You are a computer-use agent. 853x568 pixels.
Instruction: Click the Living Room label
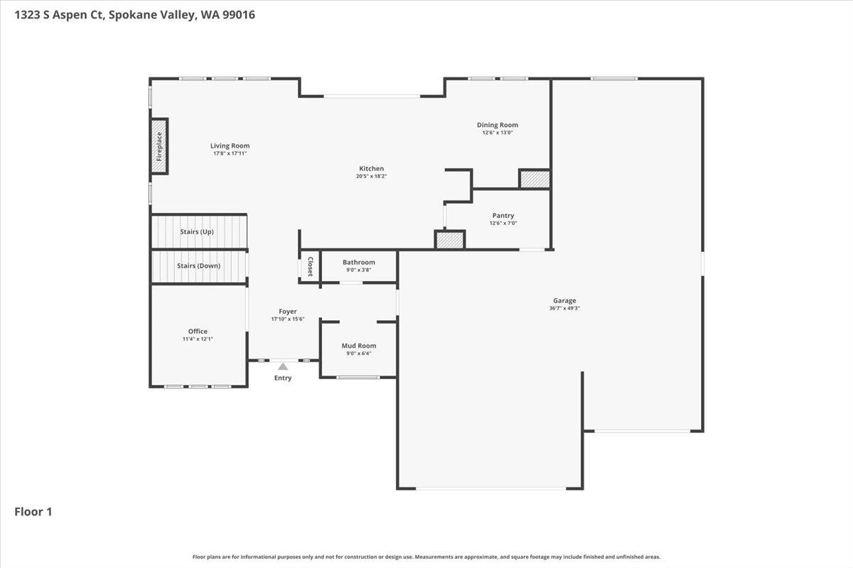(x=230, y=146)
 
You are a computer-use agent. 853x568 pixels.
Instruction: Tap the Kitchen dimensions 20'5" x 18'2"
(x=371, y=176)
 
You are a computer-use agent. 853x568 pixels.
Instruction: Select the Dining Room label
(x=498, y=125)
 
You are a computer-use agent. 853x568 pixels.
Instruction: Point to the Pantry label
(x=503, y=216)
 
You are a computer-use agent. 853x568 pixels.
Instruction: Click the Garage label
(x=565, y=300)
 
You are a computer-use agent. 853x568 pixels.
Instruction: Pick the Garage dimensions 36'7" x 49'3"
(x=565, y=308)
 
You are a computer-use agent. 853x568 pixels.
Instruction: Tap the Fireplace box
(x=159, y=146)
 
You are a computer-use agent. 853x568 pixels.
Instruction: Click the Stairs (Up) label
(x=197, y=231)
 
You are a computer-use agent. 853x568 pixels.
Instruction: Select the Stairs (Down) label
(x=198, y=266)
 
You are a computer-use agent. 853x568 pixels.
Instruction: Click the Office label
(x=198, y=332)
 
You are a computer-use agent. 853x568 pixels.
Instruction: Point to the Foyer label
(x=287, y=312)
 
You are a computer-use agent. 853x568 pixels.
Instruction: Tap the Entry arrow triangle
(x=283, y=366)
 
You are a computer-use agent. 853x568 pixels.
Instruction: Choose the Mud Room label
(x=359, y=346)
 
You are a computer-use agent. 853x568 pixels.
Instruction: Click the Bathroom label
(x=358, y=262)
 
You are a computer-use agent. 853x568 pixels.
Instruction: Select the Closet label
(x=310, y=266)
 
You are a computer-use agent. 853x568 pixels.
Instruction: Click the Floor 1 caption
(x=33, y=511)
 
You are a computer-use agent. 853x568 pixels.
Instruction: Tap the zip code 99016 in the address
(x=238, y=14)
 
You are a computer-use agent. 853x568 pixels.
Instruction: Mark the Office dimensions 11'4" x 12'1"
(x=198, y=339)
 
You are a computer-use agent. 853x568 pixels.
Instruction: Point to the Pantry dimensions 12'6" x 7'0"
(x=503, y=224)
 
